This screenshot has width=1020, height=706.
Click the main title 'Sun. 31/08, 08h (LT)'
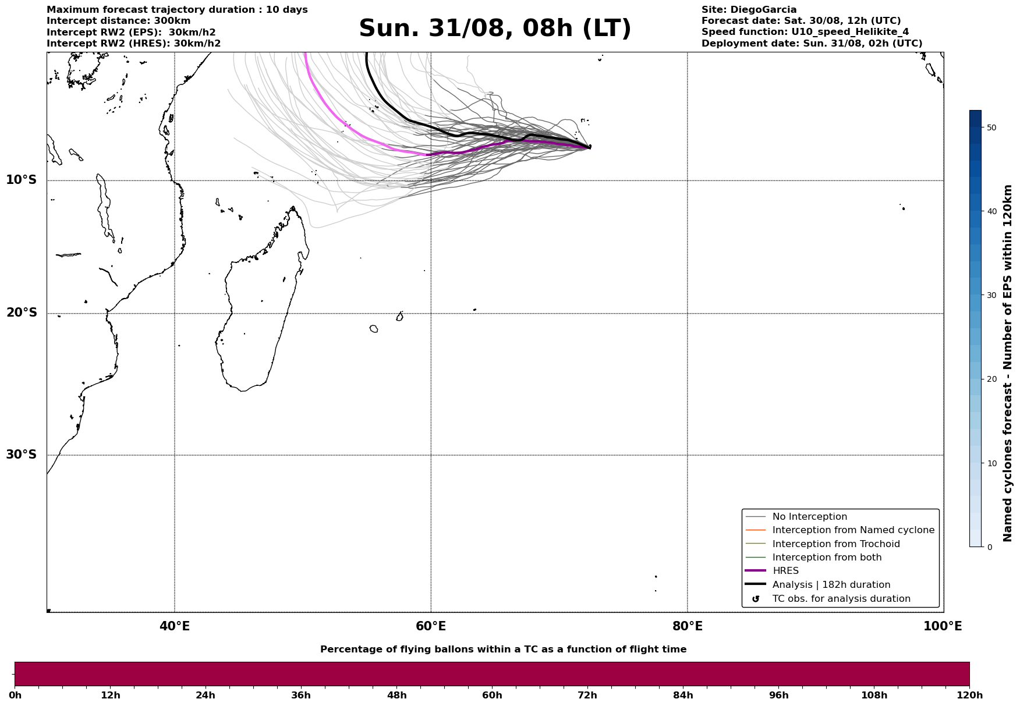click(494, 29)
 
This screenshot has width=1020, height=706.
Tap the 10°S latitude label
click(22, 180)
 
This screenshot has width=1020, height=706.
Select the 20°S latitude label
click(22, 313)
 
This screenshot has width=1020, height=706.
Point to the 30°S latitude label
click(22, 455)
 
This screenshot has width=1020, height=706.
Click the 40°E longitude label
click(174, 626)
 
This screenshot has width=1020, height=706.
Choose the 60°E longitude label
click(431, 626)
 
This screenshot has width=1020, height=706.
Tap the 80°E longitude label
click(687, 626)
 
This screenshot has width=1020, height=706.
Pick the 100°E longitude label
click(942, 626)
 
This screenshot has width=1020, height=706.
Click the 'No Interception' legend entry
click(809, 517)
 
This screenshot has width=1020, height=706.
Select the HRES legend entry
click(785, 571)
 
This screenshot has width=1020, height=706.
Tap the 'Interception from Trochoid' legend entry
click(835, 544)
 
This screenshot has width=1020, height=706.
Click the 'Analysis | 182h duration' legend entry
click(831, 585)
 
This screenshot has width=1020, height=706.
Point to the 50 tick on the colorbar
click(991, 127)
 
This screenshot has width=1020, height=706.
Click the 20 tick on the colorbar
click(991, 379)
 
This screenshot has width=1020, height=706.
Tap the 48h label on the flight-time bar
click(396, 696)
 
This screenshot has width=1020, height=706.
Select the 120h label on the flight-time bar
click(969, 696)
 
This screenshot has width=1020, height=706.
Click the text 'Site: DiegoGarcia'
click(749, 10)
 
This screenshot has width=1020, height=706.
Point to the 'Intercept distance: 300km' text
click(118, 21)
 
